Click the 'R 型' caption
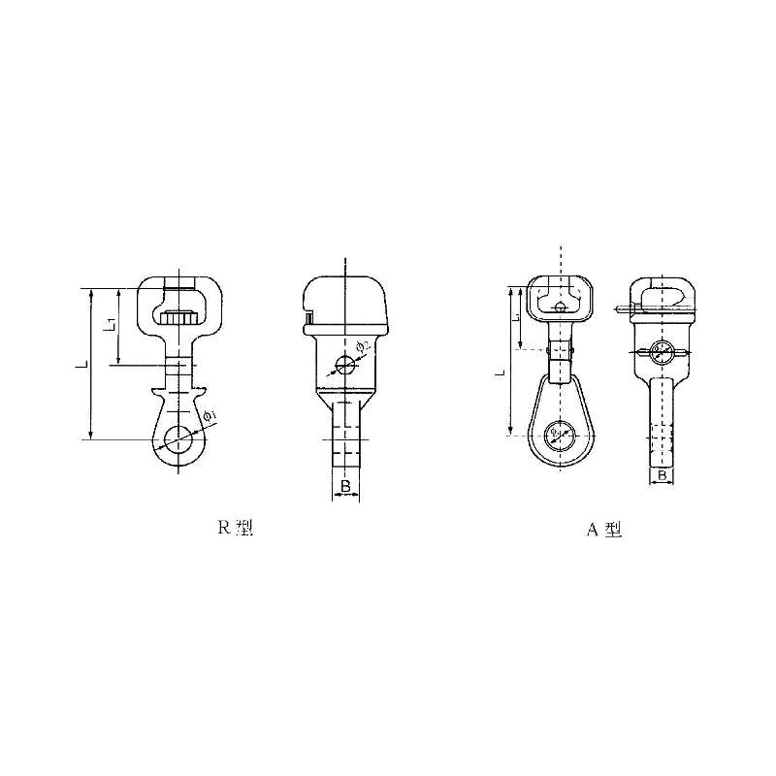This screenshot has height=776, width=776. coord(234,529)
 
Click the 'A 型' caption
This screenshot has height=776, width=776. coord(602,530)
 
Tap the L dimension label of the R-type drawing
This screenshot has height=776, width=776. coord(84,365)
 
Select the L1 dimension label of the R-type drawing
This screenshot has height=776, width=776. coord(113,325)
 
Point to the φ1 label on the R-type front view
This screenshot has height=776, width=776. coord(212,415)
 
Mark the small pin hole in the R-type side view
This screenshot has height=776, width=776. coord(343,366)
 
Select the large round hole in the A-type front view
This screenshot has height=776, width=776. coord(560,434)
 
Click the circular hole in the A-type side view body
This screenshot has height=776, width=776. coord(661,352)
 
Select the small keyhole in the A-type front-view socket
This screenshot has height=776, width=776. coord(561,307)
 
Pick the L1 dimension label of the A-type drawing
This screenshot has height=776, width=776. coord(518,317)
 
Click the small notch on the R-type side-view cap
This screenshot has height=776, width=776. coord(308,316)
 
